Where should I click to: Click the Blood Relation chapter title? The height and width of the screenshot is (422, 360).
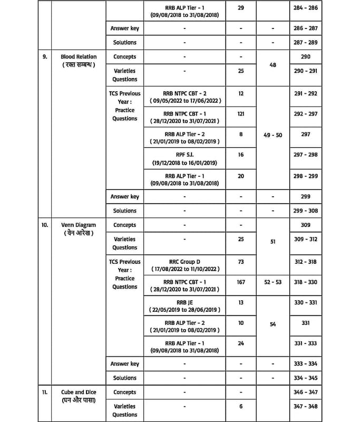pyautogui.click(x=79, y=56)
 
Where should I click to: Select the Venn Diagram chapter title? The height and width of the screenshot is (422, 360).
pyautogui.click(x=79, y=225)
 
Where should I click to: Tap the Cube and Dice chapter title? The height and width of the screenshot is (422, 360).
pyautogui.click(x=79, y=392)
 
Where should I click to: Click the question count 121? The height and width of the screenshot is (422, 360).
pyautogui.click(x=241, y=113)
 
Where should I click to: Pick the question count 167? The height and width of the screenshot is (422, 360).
pyautogui.click(x=241, y=282)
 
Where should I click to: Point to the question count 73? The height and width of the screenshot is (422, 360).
pyautogui.click(x=241, y=262)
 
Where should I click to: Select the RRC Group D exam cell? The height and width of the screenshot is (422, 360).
pyautogui.click(x=184, y=265)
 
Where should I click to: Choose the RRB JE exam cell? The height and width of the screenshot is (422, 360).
pyautogui.click(x=184, y=305)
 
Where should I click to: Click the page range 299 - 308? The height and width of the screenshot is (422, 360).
pyautogui.click(x=306, y=210)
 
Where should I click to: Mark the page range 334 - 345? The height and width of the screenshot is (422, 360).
pyautogui.click(x=306, y=378)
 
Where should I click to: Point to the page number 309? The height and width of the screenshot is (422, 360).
pyautogui.click(x=306, y=225)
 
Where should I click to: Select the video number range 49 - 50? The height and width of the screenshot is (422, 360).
pyautogui.click(x=273, y=135)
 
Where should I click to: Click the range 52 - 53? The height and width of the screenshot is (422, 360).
pyautogui.click(x=273, y=282)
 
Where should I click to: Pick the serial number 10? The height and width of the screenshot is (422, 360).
pyautogui.click(x=45, y=225)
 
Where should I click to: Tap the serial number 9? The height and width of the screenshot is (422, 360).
pyautogui.click(x=45, y=56)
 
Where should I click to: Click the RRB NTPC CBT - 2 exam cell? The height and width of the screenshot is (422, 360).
pyautogui.click(x=184, y=97)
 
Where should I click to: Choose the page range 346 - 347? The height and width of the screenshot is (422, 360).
pyautogui.click(x=306, y=392)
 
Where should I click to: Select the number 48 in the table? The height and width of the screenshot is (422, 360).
pyautogui.click(x=273, y=65)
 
